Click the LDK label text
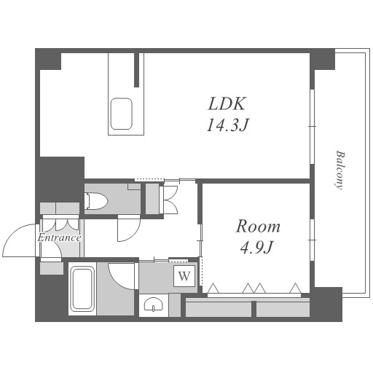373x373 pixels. [227, 103]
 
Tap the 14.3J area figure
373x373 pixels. [227, 125]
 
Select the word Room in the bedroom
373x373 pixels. [258, 227]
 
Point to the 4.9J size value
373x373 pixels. [257, 247]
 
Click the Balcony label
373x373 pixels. [340, 170]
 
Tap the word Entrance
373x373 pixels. [59, 237]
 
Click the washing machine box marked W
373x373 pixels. [184, 276]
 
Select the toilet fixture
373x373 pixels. [97, 201]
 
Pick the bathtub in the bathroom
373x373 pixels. [82, 288]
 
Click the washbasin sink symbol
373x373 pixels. [154, 304]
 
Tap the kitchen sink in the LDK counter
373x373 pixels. [122, 114]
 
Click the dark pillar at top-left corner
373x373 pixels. [48, 59]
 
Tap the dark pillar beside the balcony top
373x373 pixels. [322, 59]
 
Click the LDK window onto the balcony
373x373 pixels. [313, 127]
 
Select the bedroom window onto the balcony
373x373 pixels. [313, 240]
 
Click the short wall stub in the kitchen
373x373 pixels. [137, 70]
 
